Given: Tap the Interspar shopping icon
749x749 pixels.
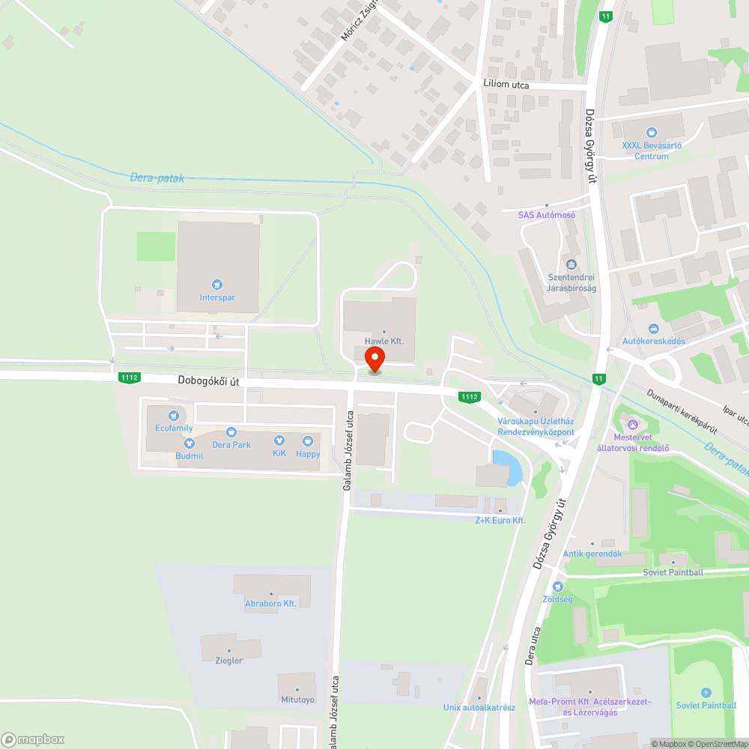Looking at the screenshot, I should click(217, 285).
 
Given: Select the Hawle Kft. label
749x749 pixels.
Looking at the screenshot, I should click(384, 341).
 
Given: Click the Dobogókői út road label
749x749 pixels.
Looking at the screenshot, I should click(209, 380).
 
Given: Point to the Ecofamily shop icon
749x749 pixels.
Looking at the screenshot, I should click(174, 415).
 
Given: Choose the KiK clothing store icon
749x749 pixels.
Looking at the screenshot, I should click(279, 441).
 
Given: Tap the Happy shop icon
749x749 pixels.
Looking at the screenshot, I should click(308, 441).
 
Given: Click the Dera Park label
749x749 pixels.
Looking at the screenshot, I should click(231, 444).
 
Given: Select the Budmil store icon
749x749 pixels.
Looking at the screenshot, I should click(189, 443).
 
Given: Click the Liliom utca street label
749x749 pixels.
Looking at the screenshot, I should click(506, 85).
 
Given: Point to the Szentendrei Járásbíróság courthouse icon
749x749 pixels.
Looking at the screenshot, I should click(571, 264).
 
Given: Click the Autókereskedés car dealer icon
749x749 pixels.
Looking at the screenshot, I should click(653, 329).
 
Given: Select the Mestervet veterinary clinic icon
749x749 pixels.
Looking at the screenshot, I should click(632, 425).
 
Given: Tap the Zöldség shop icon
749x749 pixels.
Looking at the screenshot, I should click(557, 586).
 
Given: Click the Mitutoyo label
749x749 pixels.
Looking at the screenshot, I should click(297, 700).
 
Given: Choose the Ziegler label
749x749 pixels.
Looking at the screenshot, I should click(229, 661).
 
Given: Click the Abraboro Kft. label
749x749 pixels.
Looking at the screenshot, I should click(271, 603).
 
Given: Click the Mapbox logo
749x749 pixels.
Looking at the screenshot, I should click(33, 739).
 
